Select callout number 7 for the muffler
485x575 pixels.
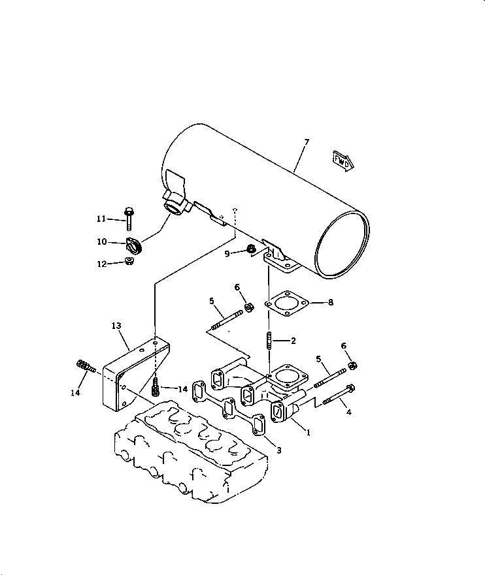(307, 142)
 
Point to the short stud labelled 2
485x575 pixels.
(269, 340)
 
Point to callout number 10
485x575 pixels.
(102, 241)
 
